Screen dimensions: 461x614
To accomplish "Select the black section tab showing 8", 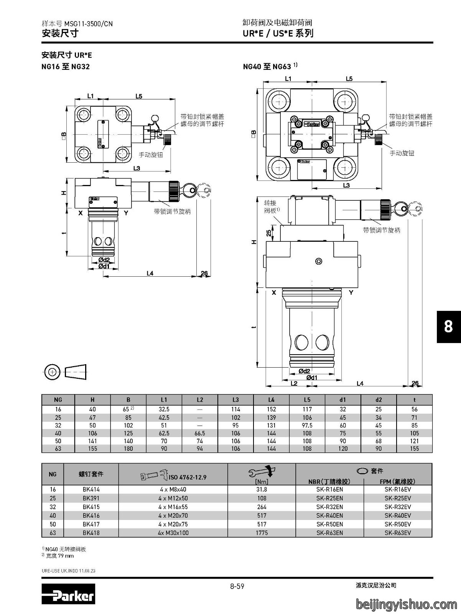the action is tap(449, 327).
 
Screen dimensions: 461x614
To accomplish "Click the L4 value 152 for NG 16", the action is tap(272, 409).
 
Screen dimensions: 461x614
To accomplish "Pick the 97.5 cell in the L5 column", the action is tap(307, 425).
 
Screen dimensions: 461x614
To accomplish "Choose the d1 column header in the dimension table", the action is tap(343, 400).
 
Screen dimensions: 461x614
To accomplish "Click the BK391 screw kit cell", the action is tap(91, 498).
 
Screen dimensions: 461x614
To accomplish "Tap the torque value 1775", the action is tap(262, 533).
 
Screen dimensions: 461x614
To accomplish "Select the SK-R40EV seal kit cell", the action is tap(398, 515).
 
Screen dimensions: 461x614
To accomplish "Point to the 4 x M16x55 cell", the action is tap(173, 507).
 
